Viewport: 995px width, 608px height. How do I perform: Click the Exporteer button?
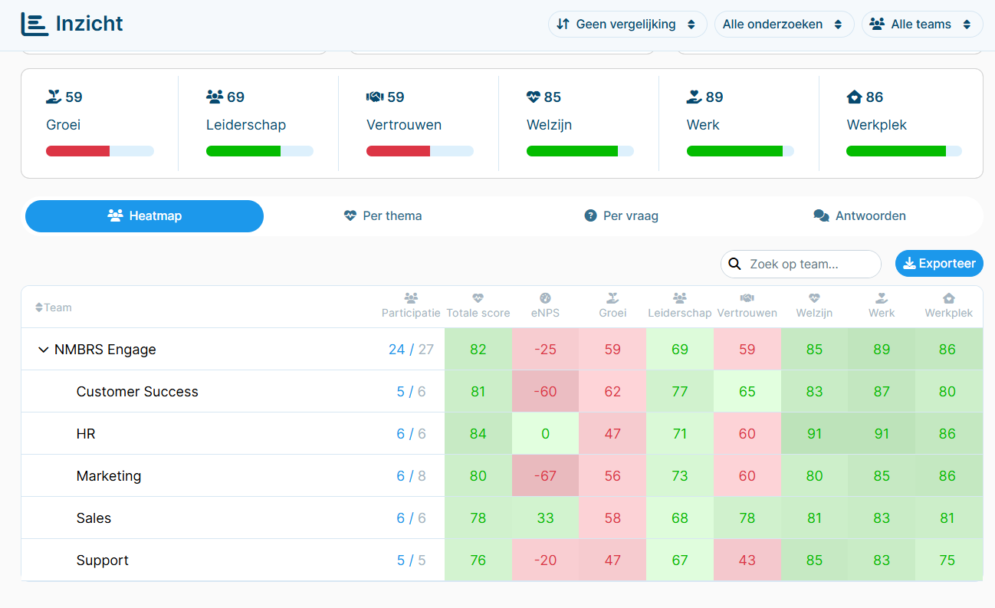click(x=939, y=263)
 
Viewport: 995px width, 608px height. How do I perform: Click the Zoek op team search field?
click(x=800, y=264)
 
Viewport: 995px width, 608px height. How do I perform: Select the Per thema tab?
click(x=383, y=216)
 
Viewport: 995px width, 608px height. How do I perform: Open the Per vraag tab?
click(x=621, y=216)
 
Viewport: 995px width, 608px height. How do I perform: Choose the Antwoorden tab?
click(x=859, y=216)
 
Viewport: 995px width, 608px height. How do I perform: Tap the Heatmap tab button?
click(x=144, y=216)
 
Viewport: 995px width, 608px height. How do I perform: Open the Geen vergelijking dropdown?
click(x=627, y=24)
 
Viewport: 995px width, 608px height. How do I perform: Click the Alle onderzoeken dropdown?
click(x=784, y=24)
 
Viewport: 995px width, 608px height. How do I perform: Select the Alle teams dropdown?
click(x=921, y=24)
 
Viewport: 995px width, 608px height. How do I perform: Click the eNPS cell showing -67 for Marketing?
click(x=545, y=475)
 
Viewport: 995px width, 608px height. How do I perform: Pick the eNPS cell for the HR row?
click(x=545, y=433)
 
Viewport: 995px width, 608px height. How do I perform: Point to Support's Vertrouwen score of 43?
click(x=747, y=560)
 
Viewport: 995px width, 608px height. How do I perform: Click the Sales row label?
click(x=94, y=518)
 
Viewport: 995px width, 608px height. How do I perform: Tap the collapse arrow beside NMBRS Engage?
click(x=43, y=350)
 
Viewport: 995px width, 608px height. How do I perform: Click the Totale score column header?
click(x=478, y=306)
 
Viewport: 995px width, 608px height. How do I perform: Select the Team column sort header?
click(x=54, y=307)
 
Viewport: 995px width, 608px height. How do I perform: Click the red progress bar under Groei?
click(x=77, y=151)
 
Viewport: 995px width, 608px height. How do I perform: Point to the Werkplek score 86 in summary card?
click(x=874, y=97)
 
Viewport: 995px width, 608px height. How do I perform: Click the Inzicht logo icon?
click(x=34, y=24)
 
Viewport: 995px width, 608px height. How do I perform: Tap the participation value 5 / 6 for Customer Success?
click(x=411, y=391)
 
